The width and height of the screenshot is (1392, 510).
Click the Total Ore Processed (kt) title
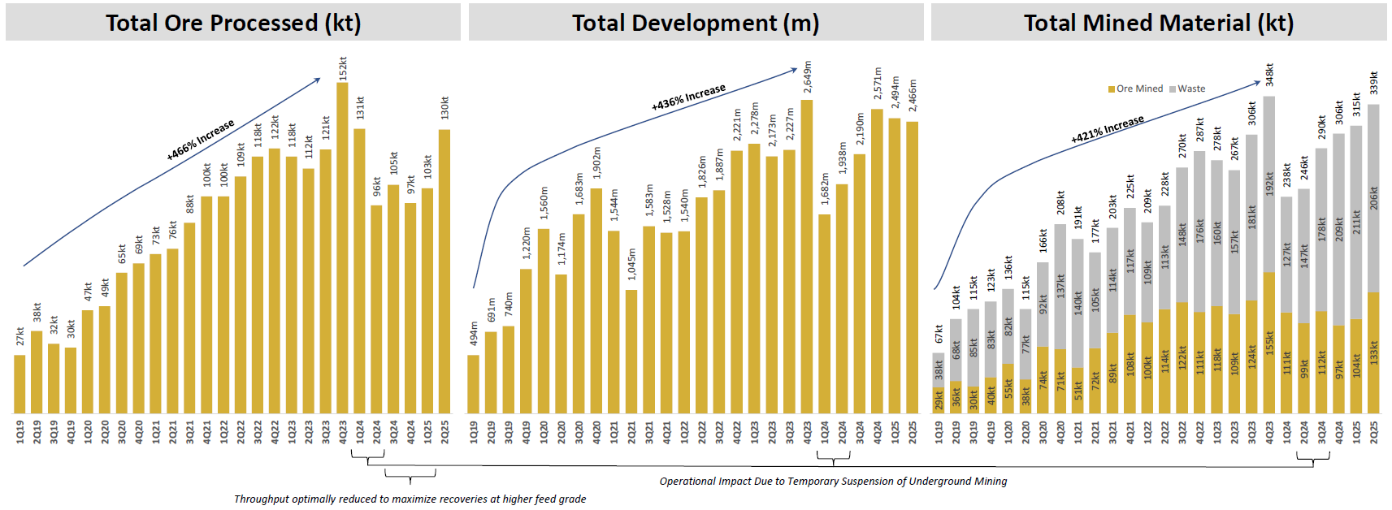click(x=233, y=23)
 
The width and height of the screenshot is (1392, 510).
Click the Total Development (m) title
click(x=696, y=23)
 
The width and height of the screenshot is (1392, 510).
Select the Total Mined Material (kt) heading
click(x=1159, y=23)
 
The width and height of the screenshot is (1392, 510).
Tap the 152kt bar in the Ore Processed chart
click(x=342, y=244)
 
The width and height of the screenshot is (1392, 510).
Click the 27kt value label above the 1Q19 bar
click(x=20, y=336)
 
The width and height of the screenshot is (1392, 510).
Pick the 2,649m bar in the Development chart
click(x=807, y=260)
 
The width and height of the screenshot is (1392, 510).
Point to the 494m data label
click(x=474, y=334)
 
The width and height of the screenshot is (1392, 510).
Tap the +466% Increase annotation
click(x=201, y=140)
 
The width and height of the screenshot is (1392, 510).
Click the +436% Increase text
click(x=688, y=97)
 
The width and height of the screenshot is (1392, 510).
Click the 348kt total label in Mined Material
click(x=1269, y=75)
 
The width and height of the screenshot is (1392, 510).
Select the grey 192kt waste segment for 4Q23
click(x=1269, y=184)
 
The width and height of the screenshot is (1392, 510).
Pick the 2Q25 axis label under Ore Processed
click(x=444, y=431)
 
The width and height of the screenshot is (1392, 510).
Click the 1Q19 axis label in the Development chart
click(x=474, y=431)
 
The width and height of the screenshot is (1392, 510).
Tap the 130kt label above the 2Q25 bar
click(x=444, y=108)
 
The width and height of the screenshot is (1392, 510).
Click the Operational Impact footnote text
click(x=833, y=481)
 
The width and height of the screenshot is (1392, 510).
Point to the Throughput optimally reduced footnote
click(x=410, y=499)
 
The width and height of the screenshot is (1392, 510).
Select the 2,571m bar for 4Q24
click(x=877, y=260)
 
